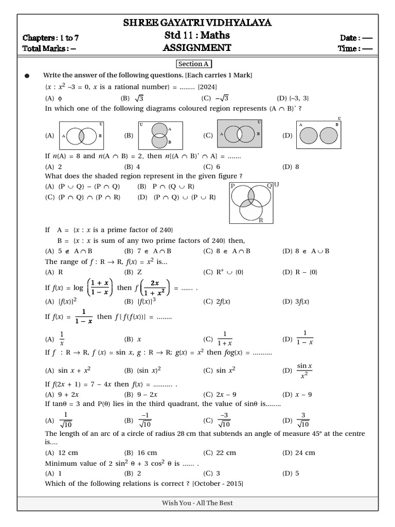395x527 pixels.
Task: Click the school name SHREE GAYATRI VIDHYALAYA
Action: pyautogui.click(x=197, y=23)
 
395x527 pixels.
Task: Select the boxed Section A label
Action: pyautogui.click(x=194, y=64)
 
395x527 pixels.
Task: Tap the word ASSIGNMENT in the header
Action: pyautogui.click(x=197, y=48)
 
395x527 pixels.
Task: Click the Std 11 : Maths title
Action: pyautogui.click(x=197, y=36)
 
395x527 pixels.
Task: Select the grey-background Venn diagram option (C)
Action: pyautogui.click(x=240, y=135)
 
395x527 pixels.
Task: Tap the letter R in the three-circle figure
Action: pyautogui.click(x=261, y=220)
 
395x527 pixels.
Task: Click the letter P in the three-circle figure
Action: pyautogui.click(x=232, y=185)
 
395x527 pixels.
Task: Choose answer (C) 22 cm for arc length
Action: pyautogui.click(x=220, y=453)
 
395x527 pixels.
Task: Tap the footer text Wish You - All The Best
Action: pyautogui.click(x=197, y=503)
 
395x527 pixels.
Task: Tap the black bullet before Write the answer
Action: pyautogui.click(x=27, y=76)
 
